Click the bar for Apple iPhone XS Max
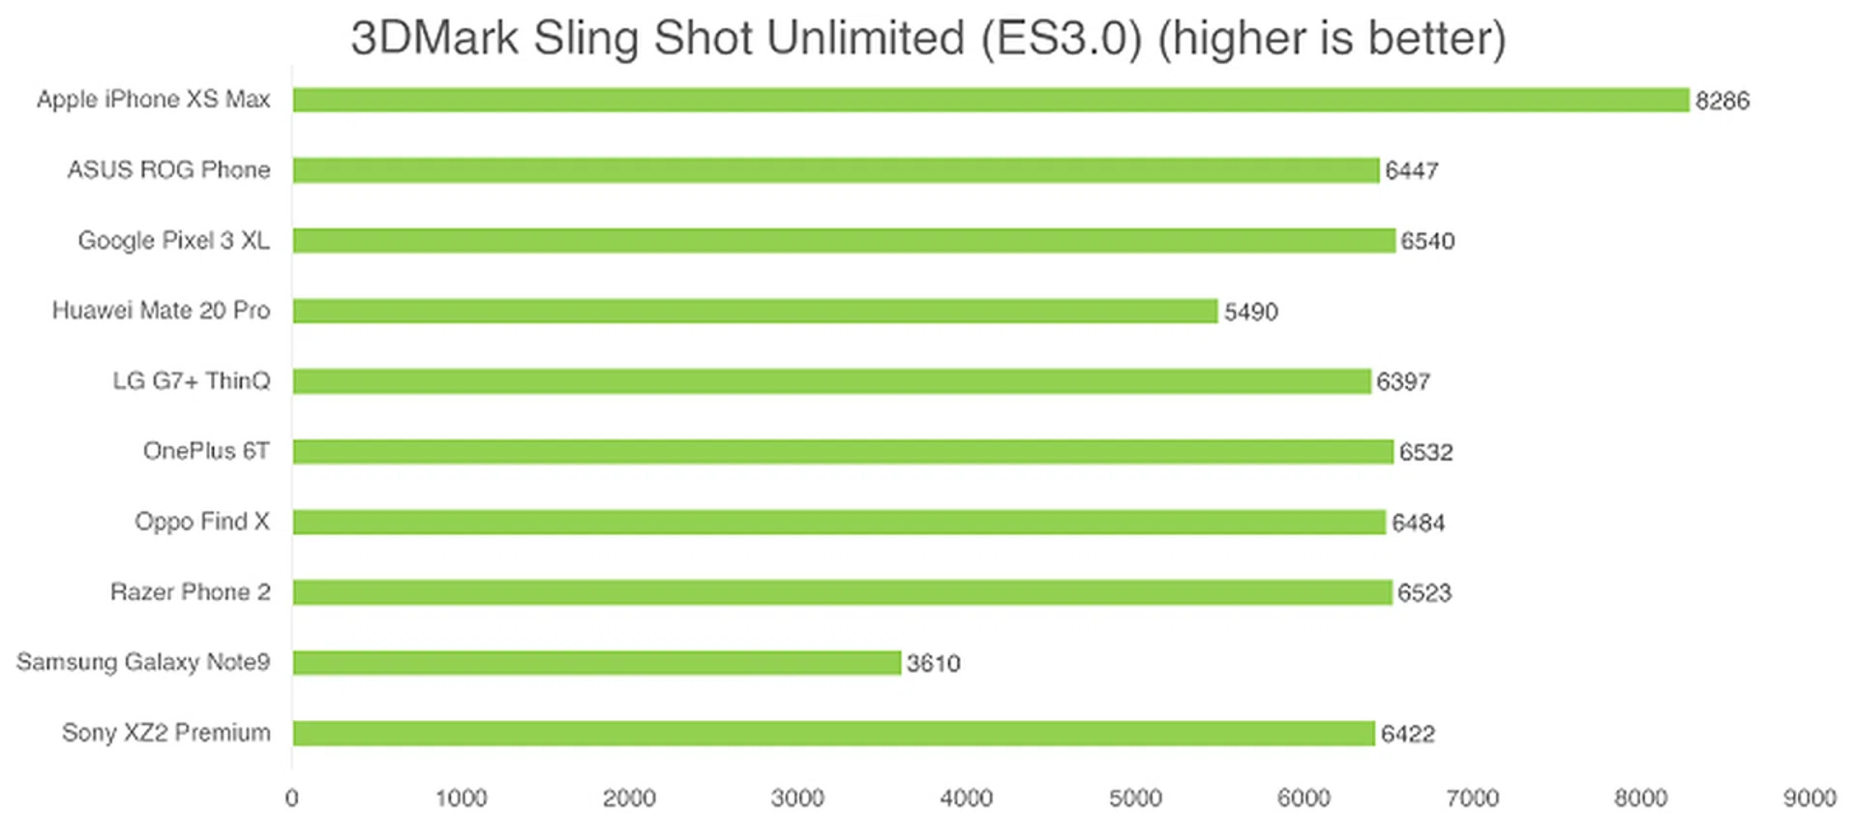click(991, 100)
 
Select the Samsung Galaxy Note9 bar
click(596, 663)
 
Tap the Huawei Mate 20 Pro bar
click(755, 311)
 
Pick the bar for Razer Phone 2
click(842, 592)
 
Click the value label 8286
click(1723, 101)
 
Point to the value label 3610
click(933, 664)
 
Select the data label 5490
click(1250, 312)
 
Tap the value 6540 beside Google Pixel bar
click(1427, 241)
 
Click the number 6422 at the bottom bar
click(1407, 735)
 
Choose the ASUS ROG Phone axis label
click(168, 170)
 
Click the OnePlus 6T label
click(206, 451)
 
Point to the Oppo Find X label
click(202, 522)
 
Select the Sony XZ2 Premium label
click(166, 733)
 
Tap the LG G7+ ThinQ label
click(192, 381)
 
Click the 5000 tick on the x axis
click(1135, 798)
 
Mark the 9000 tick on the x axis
click(1810, 798)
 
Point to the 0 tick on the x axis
click(292, 798)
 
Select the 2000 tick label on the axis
click(629, 798)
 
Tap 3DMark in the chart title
click(435, 39)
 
